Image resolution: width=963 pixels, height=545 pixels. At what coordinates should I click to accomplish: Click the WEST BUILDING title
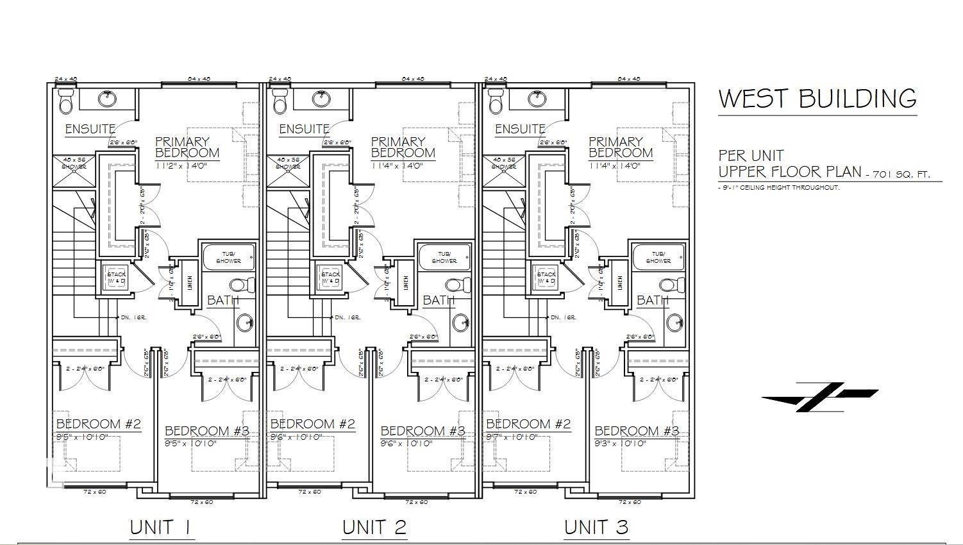pos(817,99)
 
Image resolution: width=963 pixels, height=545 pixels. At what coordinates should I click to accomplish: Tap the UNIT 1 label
pos(160,527)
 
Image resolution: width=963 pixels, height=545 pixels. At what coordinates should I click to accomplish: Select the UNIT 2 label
pos(374,527)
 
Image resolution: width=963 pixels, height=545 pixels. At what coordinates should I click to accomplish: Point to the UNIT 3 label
pos(596,527)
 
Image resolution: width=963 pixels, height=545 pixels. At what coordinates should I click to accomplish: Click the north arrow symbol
pos(819,397)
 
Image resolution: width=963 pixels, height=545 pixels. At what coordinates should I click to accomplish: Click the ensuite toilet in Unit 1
pos(66,101)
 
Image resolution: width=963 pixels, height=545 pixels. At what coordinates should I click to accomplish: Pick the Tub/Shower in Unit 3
pos(658,258)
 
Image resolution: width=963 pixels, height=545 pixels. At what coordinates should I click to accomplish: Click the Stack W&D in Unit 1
pos(117,278)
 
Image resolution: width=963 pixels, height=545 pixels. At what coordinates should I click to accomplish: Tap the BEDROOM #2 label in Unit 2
pos(313,424)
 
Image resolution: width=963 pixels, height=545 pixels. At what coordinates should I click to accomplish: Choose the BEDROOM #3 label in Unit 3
pos(637,431)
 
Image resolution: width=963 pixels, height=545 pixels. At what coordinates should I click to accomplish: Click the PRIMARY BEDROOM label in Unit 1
pos(187,147)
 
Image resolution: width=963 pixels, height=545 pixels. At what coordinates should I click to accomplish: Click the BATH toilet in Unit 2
pos(453,284)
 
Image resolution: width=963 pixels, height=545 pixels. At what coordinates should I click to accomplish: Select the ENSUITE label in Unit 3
pos(520,129)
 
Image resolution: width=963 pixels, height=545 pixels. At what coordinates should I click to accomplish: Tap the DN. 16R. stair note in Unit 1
pos(133,317)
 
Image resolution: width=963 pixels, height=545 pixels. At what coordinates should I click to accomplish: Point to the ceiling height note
pos(778,188)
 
